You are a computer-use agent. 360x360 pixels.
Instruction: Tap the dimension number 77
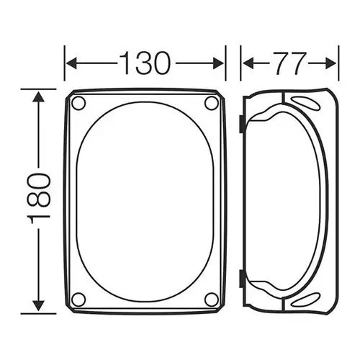click(289, 64)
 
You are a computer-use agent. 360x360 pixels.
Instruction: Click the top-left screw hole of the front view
click(79, 102)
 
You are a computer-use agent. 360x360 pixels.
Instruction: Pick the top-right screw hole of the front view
click(211, 102)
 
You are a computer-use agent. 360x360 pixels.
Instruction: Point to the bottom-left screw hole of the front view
click(79, 299)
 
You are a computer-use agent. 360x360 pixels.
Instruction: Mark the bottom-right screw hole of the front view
click(211, 299)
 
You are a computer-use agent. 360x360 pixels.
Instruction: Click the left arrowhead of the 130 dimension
click(70, 64)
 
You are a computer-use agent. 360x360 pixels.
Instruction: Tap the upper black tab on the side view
click(240, 124)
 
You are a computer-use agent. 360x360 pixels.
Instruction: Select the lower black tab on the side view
click(240, 276)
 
